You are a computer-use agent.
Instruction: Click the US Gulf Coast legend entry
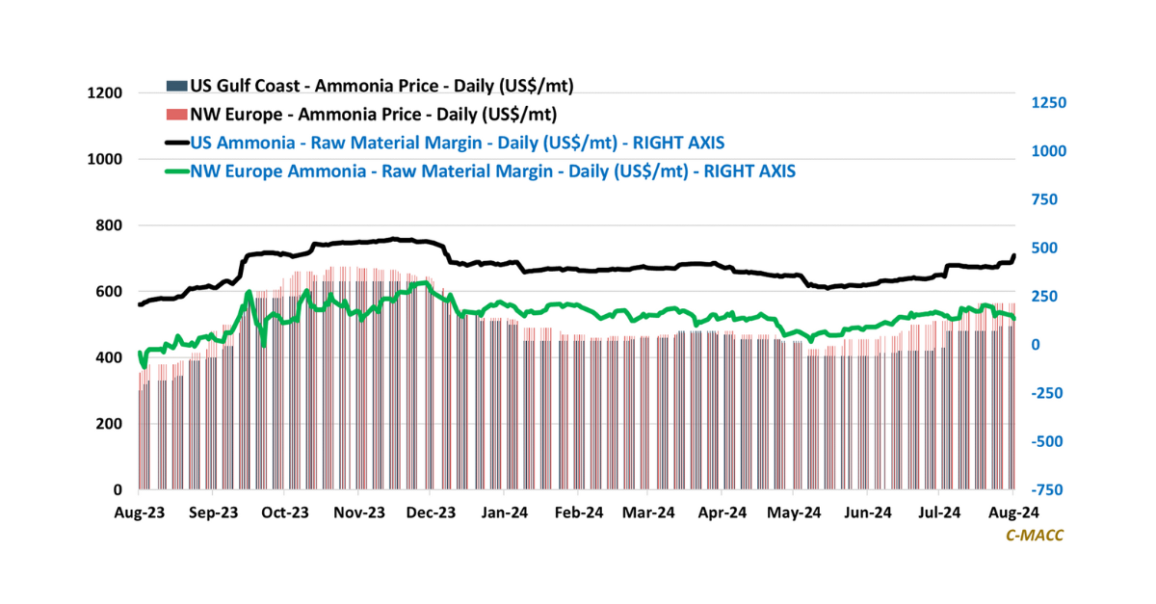(x=381, y=86)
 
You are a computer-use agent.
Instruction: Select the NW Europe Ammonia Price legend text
(x=373, y=115)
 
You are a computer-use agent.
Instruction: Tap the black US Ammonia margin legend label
(x=458, y=143)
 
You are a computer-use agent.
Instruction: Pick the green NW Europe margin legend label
(x=493, y=171)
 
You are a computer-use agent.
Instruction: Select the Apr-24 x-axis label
(x=722, y=512)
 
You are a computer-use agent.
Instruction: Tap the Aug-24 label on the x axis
(x=1013, y=512)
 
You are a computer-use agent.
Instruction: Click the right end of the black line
(x=1013, y=255)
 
